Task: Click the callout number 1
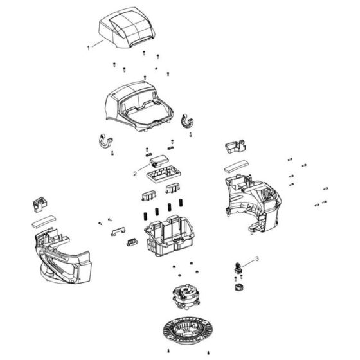click(89, 48)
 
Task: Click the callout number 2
click(135, 174)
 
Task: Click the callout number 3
click(257, 258)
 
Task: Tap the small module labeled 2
click(159, 160)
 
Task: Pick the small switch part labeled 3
click(239, 268)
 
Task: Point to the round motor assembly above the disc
click(186, 296)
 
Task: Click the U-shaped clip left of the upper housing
click(105, 141)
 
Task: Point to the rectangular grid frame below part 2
click(164, 174)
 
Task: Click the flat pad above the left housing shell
click(44, 221)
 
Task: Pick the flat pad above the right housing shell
click(237, 166)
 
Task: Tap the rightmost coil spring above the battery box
click(181, 203)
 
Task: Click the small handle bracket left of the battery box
click(118, 231)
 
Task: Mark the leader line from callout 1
click(98, 44)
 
